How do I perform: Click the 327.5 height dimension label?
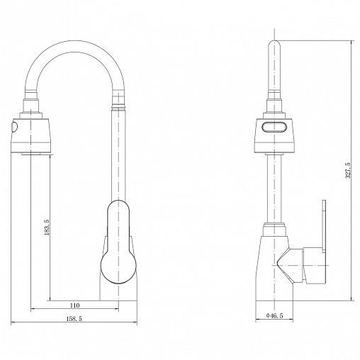[x=348, y=170]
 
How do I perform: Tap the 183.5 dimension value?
[x=47, y=227]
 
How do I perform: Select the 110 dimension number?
[x=74, y=305]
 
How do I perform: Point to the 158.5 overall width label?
[x=74, y=319]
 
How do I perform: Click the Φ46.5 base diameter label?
[x=274, y=315]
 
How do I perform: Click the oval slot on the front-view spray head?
[x=274, y=127]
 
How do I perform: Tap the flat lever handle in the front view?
[x=324, y=226]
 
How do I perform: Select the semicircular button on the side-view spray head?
[x=14, y=128]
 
